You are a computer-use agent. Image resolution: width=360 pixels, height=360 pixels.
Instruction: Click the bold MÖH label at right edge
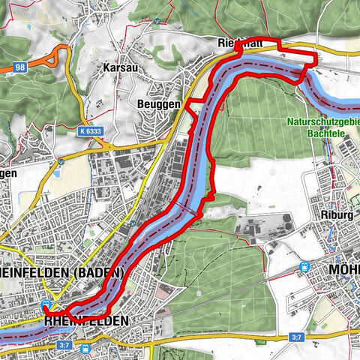[344, 269]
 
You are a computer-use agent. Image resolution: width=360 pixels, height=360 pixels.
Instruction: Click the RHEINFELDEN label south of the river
[87, 320]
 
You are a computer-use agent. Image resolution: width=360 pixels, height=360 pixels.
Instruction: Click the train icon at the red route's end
[46, 304]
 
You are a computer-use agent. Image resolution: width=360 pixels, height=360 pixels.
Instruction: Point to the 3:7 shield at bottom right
[296, 338]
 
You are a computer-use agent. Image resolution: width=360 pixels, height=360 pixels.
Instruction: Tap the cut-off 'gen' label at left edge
[7, 172]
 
